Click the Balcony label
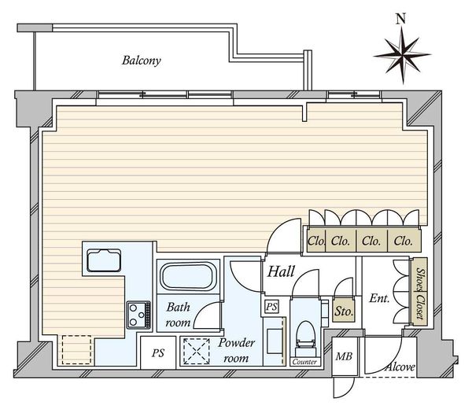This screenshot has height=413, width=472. pos(141,61)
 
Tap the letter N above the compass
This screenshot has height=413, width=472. pos(400,19)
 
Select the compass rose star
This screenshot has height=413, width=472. pos(403,55)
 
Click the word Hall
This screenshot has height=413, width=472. pos(281,271)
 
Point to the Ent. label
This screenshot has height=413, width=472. pos(379,298)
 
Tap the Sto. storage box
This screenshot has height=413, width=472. pos(344,311)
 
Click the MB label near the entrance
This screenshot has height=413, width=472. pos(344,356)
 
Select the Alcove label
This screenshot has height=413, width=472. pos(400,367)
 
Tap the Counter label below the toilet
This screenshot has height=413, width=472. pos(304,362)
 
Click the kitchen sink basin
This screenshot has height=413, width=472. pos(104,260)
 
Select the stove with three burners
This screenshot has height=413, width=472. pos(138,315)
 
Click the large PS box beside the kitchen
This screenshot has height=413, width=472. pos(158,352)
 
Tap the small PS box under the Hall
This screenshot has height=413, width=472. pos(272,307)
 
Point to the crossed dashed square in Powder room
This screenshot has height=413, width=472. pos(197,352)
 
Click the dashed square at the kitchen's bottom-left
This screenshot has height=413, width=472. pos(76,350)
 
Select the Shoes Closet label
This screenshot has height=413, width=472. pos(420,293)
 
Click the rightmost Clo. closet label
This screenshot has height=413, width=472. pos(403,242)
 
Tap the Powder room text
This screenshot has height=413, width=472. pos(236,350)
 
